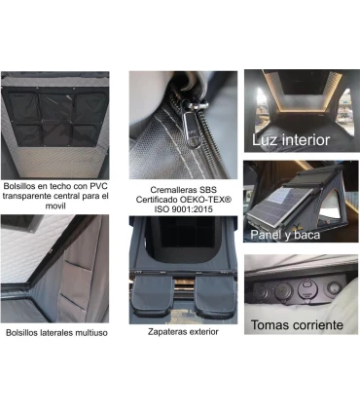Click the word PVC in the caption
(99, 186)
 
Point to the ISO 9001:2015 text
(183, 209)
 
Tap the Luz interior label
(291, 140)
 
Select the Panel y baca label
(285, 235)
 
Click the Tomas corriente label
(297, 324)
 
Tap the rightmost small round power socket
(334, 287)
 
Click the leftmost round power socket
(261, 291)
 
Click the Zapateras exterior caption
(183, 331)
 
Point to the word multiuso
(91, 333)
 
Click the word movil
(55, 206)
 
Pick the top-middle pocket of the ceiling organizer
(55, 106)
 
